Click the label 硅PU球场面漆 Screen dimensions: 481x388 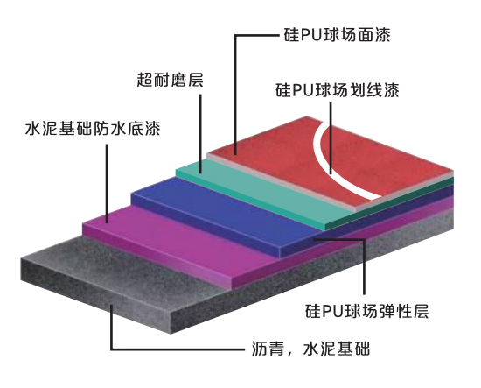(x=337, y=35)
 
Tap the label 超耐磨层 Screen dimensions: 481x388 (x=170, y=80)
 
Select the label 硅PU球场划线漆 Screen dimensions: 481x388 (x=337, y=90)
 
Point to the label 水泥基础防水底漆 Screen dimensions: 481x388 (x=93, y=129)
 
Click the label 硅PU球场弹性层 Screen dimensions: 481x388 (x=366, y=311)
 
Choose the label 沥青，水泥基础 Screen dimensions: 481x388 (x=310, y=349)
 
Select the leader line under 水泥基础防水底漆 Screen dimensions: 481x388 (x=107, y=184)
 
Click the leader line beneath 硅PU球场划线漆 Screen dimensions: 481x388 (x=331, y=138)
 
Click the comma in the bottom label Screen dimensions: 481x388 (x=289, y=353)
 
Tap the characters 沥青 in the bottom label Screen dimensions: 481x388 (x=268, y=349)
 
